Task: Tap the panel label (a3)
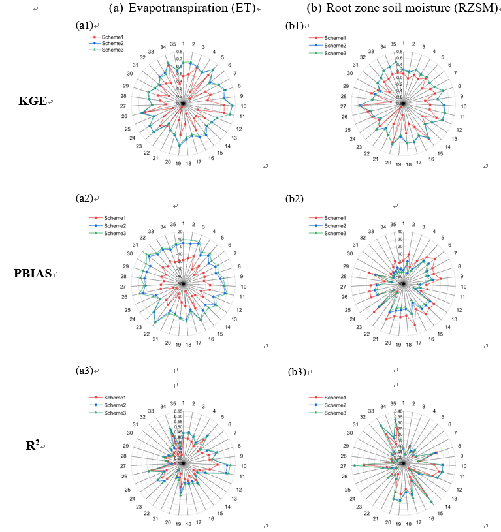pos(84,371)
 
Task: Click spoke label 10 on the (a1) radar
pos(243,106)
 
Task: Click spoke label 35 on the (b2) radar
pos(393,224)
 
